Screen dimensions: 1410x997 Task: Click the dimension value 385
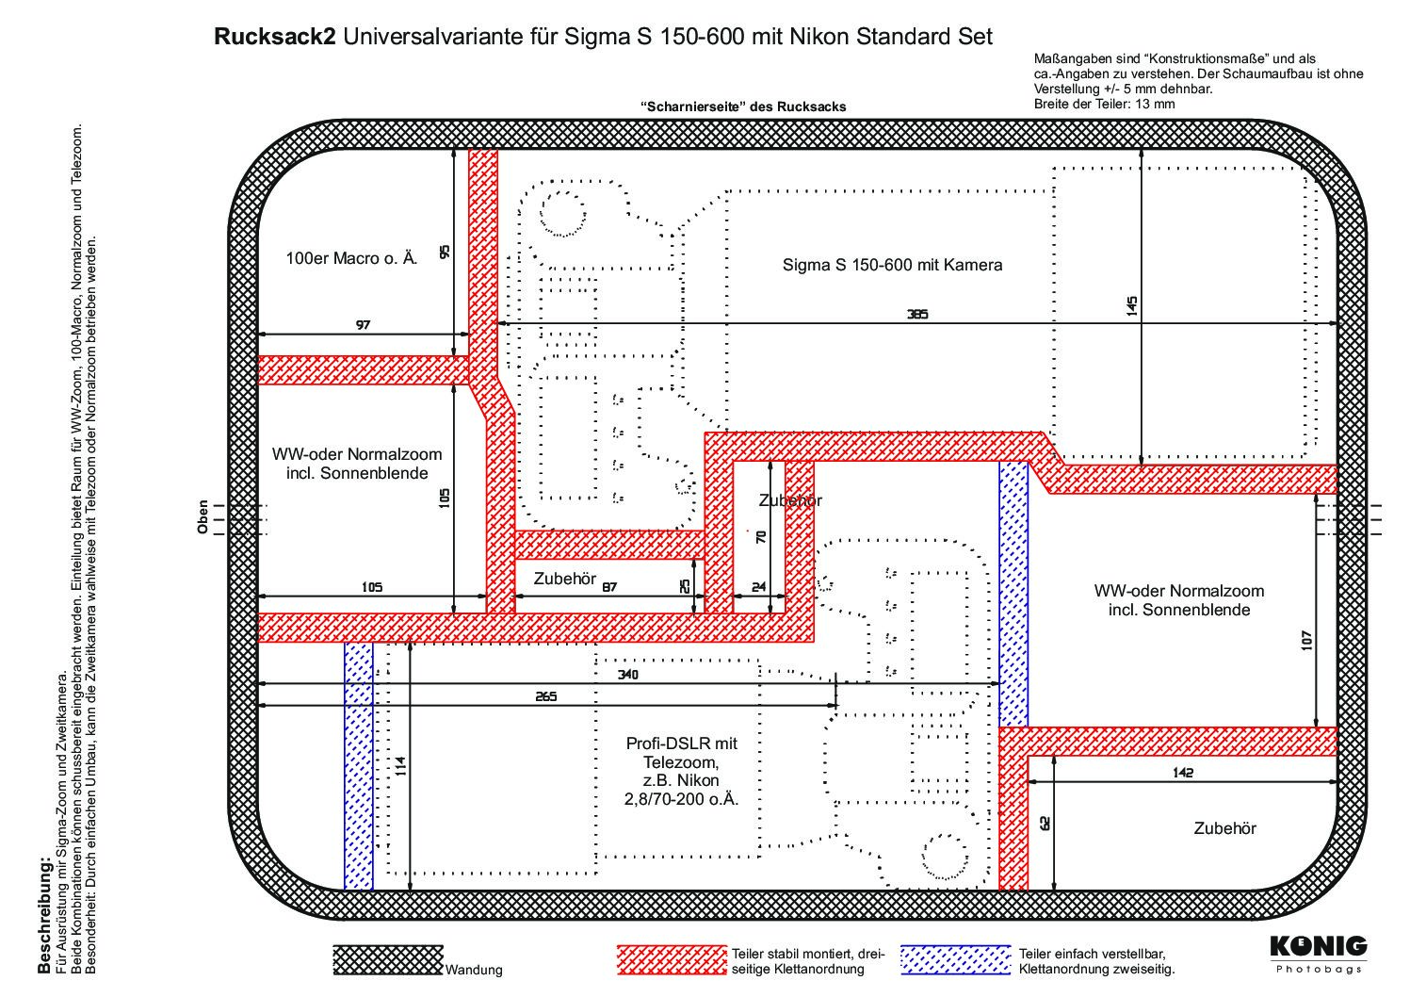tap(917, 314)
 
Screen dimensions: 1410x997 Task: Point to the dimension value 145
tap(1132, 306)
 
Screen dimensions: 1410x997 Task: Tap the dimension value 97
tap(364, 325)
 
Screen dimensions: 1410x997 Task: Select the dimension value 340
tap(627, 675)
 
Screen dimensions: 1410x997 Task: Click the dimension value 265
tap(545, 696)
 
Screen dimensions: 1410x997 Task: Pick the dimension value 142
tap(1183, 773)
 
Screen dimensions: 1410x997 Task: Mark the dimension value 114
tap(401, 766)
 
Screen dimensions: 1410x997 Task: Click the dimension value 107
tap(1307, 641)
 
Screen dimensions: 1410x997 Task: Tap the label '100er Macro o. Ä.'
tap(351, 258)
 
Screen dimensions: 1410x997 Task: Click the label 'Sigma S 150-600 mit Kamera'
tap(892, 265)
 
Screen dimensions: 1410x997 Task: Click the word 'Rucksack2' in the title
tap(275, 37)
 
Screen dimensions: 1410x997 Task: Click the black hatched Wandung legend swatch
tap(388, 960)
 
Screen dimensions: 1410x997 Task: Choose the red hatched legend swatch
tap(672, 960)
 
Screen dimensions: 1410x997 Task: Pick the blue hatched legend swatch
tap(955, 960)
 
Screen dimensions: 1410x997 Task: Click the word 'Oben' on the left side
tap(203, 517)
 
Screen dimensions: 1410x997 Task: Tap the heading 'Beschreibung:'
tap(43, 915)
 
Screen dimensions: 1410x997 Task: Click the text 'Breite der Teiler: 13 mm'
tap(1104, 104)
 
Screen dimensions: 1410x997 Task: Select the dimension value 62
tap(1045, 824)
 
